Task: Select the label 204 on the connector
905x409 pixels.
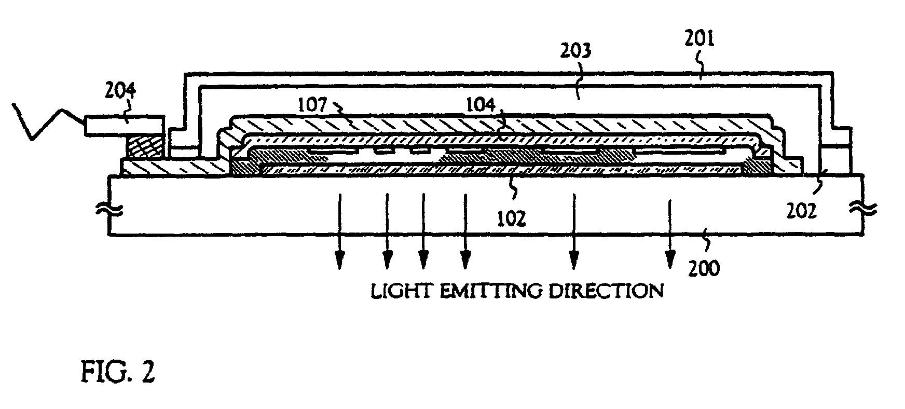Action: pyautogui.click(x=121, y=92)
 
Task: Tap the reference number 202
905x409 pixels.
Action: pyautogui.click(x=800, y=210)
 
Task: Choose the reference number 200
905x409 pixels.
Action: pyautogui.click(x=705, y=268)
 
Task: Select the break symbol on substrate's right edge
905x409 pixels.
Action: pyautogui.click(x=864, y=209)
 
